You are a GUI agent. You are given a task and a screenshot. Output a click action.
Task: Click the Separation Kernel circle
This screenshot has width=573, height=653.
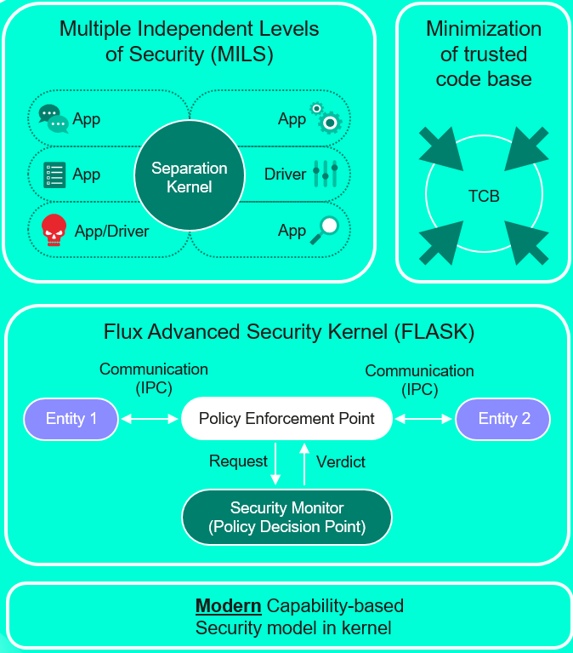coord(189,177)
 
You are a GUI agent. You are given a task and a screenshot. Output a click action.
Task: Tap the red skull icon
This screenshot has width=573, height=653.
coord(54,231)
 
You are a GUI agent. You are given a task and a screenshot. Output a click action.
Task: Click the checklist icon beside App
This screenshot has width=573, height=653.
coord(54,175)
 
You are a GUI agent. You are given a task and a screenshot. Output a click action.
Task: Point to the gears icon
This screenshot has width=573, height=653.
coord(327,118)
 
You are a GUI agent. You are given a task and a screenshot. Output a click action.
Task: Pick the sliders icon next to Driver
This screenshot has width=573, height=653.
coord(326,174)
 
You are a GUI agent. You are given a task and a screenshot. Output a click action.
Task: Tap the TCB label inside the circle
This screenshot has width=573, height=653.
coord(484,197)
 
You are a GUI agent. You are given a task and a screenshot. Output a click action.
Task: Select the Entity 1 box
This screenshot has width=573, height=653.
coord(71,419)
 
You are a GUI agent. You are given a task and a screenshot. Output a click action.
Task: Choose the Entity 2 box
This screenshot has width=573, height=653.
coord(502,419)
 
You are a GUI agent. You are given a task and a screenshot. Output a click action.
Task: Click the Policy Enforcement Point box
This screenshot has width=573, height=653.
coord(286,419)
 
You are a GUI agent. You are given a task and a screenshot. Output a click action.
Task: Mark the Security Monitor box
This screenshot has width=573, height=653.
coord(286,517)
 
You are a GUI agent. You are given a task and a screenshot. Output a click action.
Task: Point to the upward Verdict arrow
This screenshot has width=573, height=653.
coord(304,464)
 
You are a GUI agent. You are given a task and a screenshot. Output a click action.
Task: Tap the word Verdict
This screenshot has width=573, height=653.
coord(340,462)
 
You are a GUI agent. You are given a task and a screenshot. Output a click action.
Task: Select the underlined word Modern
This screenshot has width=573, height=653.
coord(228,607)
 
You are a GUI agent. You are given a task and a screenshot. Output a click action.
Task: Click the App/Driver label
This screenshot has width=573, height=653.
coord(111,231)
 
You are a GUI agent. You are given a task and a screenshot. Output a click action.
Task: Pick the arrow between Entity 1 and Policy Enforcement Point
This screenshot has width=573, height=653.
coord(150,419)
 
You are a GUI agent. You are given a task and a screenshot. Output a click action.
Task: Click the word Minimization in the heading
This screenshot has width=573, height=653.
coord(483,29)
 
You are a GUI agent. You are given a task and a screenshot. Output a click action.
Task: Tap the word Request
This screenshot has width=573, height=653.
coord(238,461)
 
